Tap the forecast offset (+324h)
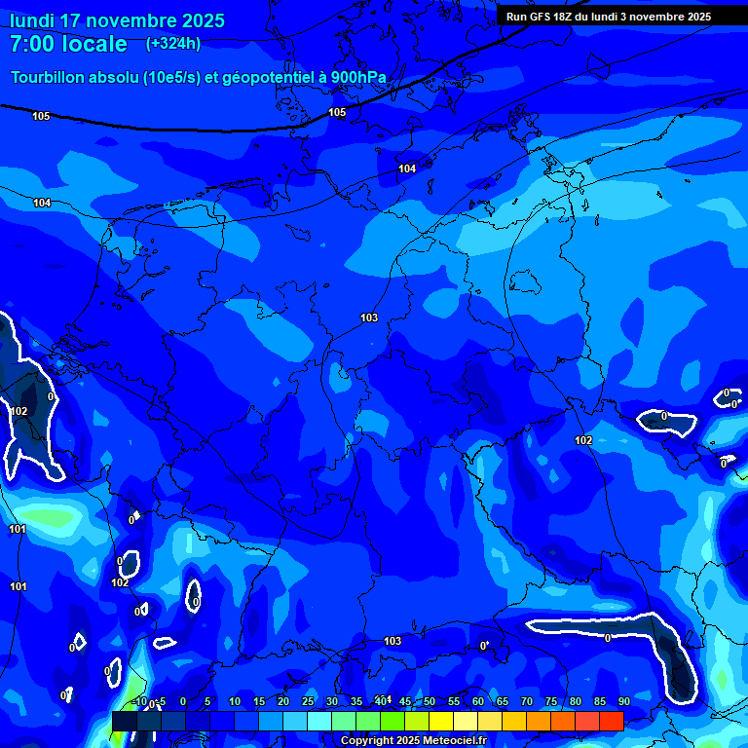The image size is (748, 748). [173, 43]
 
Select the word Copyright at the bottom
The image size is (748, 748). [368, 740]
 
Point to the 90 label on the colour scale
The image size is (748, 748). [623, 701]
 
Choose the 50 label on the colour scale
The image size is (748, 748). [429, 701]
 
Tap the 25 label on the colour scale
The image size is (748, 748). [307, 701]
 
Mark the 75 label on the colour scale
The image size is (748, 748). [550, 701]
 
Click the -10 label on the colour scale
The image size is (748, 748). [140, 701]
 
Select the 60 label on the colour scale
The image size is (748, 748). [477, 701]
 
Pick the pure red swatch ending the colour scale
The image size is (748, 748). [611, 721]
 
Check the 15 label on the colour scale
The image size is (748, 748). [258, 701]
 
